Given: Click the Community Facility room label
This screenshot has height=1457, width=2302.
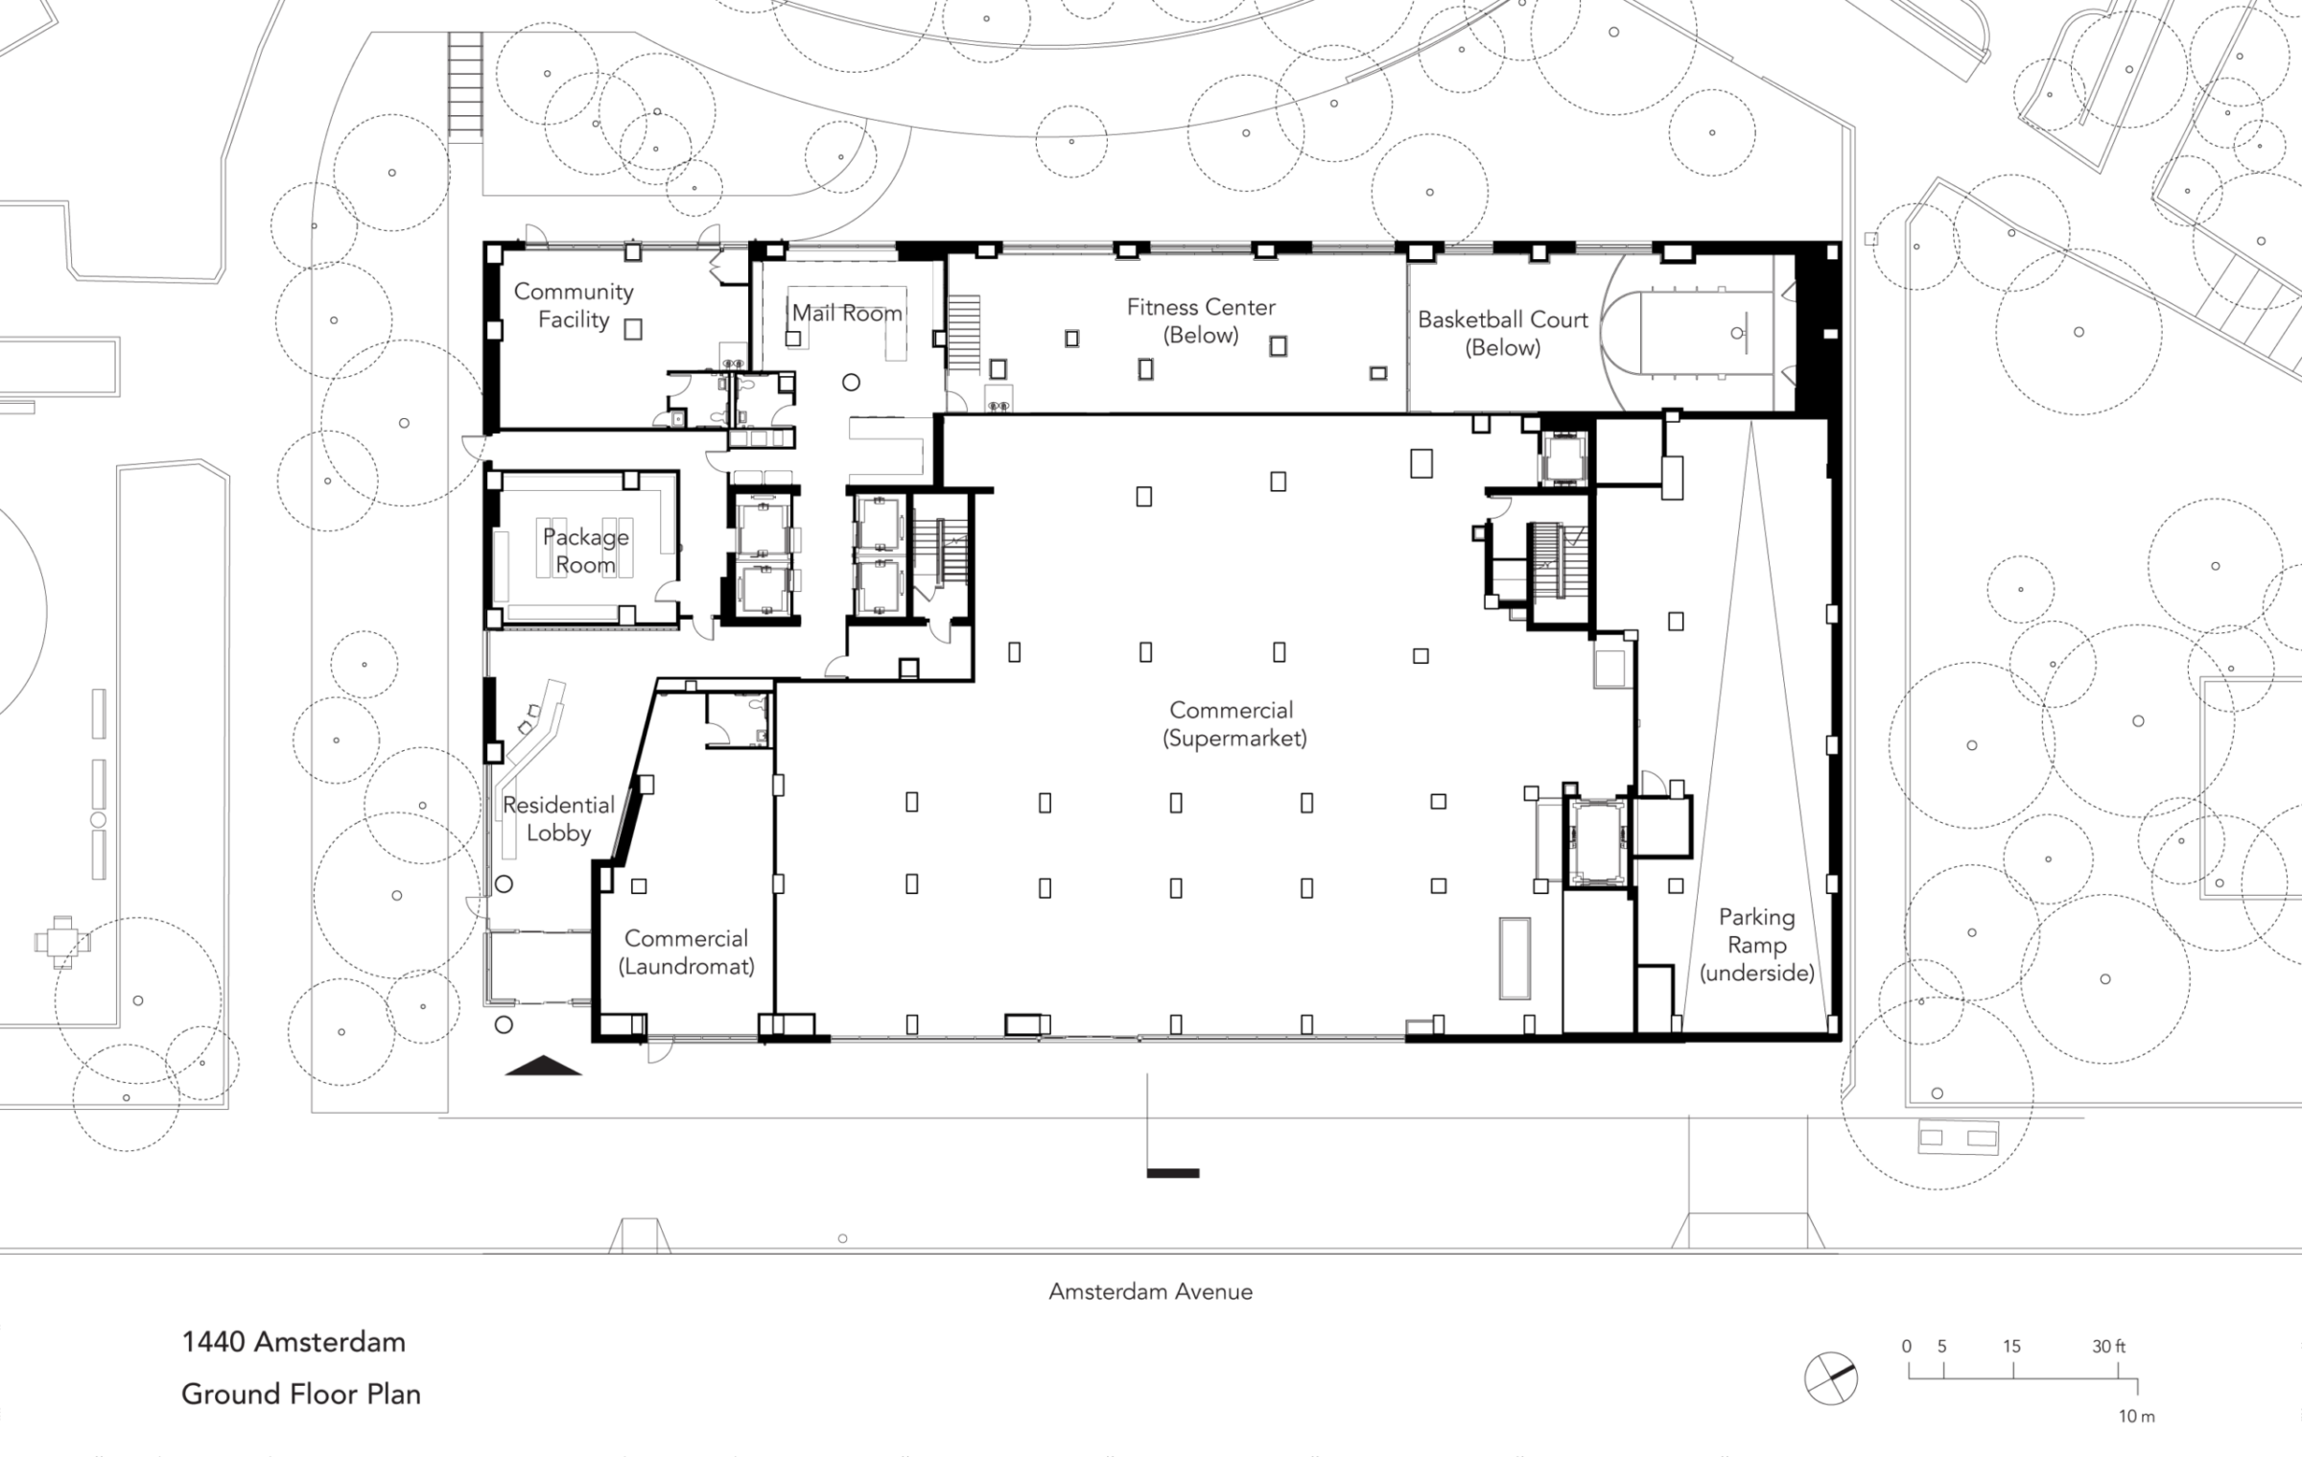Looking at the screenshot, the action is (x=574, y=305).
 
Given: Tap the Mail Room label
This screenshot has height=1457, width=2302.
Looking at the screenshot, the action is (x=847, y=313).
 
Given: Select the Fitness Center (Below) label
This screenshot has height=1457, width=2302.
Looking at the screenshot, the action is (x=1201, y=320).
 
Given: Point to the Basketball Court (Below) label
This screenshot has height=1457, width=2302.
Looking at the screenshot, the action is (x=1503, y=333).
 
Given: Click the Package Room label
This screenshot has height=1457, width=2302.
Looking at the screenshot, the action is (x=586, y=551).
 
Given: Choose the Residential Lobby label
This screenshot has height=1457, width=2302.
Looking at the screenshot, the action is (x=558, y=818).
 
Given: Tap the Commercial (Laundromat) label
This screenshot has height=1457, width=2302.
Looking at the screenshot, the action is (x=686, y=952).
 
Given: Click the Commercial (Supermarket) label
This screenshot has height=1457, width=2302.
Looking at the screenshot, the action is (x=1233, y=723).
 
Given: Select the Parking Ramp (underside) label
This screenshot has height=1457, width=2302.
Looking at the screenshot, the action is (x=1757, y=945).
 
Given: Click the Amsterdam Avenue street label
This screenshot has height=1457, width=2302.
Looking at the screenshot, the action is (x=1150, y=1291).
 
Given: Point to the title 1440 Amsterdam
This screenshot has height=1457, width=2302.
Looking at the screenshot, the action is (x=294, y=1341).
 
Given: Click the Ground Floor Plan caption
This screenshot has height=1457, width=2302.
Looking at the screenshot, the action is (x=301, y=1393).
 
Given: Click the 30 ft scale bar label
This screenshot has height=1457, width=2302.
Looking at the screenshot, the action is (x=2108, y=1346).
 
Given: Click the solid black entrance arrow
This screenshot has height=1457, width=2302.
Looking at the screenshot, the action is (x=543, y=1065).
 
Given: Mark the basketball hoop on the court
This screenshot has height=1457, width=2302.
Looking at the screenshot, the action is (x=1738, y=333).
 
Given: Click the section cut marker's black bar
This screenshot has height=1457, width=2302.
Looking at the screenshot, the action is (x=1173, y=1172).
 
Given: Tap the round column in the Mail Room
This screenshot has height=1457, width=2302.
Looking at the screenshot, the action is (x=851, y=383).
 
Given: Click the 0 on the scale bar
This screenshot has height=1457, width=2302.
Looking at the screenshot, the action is (x=1906, y=1346).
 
